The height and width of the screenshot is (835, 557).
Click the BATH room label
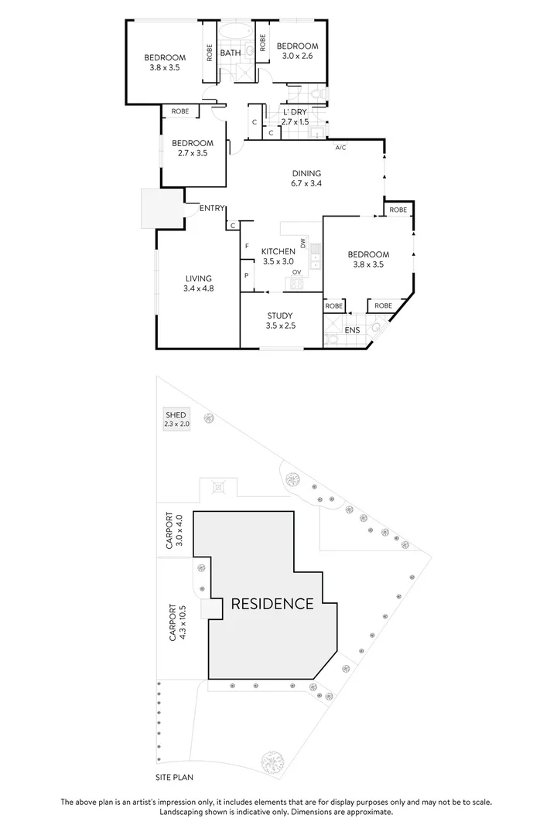click(x=230, y=53)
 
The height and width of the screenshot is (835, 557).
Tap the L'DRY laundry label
click(x=295, y=112)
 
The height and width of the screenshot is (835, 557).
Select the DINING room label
click(x=306, y=173)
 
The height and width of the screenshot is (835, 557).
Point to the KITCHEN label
click(x=277, y=252)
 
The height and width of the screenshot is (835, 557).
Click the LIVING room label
click(x=198, y=278)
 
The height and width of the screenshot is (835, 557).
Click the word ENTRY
click(x=212, y=209)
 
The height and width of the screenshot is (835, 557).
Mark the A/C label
click(x=340, y=146)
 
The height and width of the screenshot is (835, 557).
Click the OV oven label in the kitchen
click(x=296, y=271)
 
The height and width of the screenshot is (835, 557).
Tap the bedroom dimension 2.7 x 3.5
click(x=192, y=154)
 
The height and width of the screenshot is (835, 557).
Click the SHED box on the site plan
click(x=176, y=420)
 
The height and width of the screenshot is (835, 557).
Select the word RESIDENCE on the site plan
click(x=272, y=604)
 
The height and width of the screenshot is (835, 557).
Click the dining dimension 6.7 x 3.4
click(x=306, y=184)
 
